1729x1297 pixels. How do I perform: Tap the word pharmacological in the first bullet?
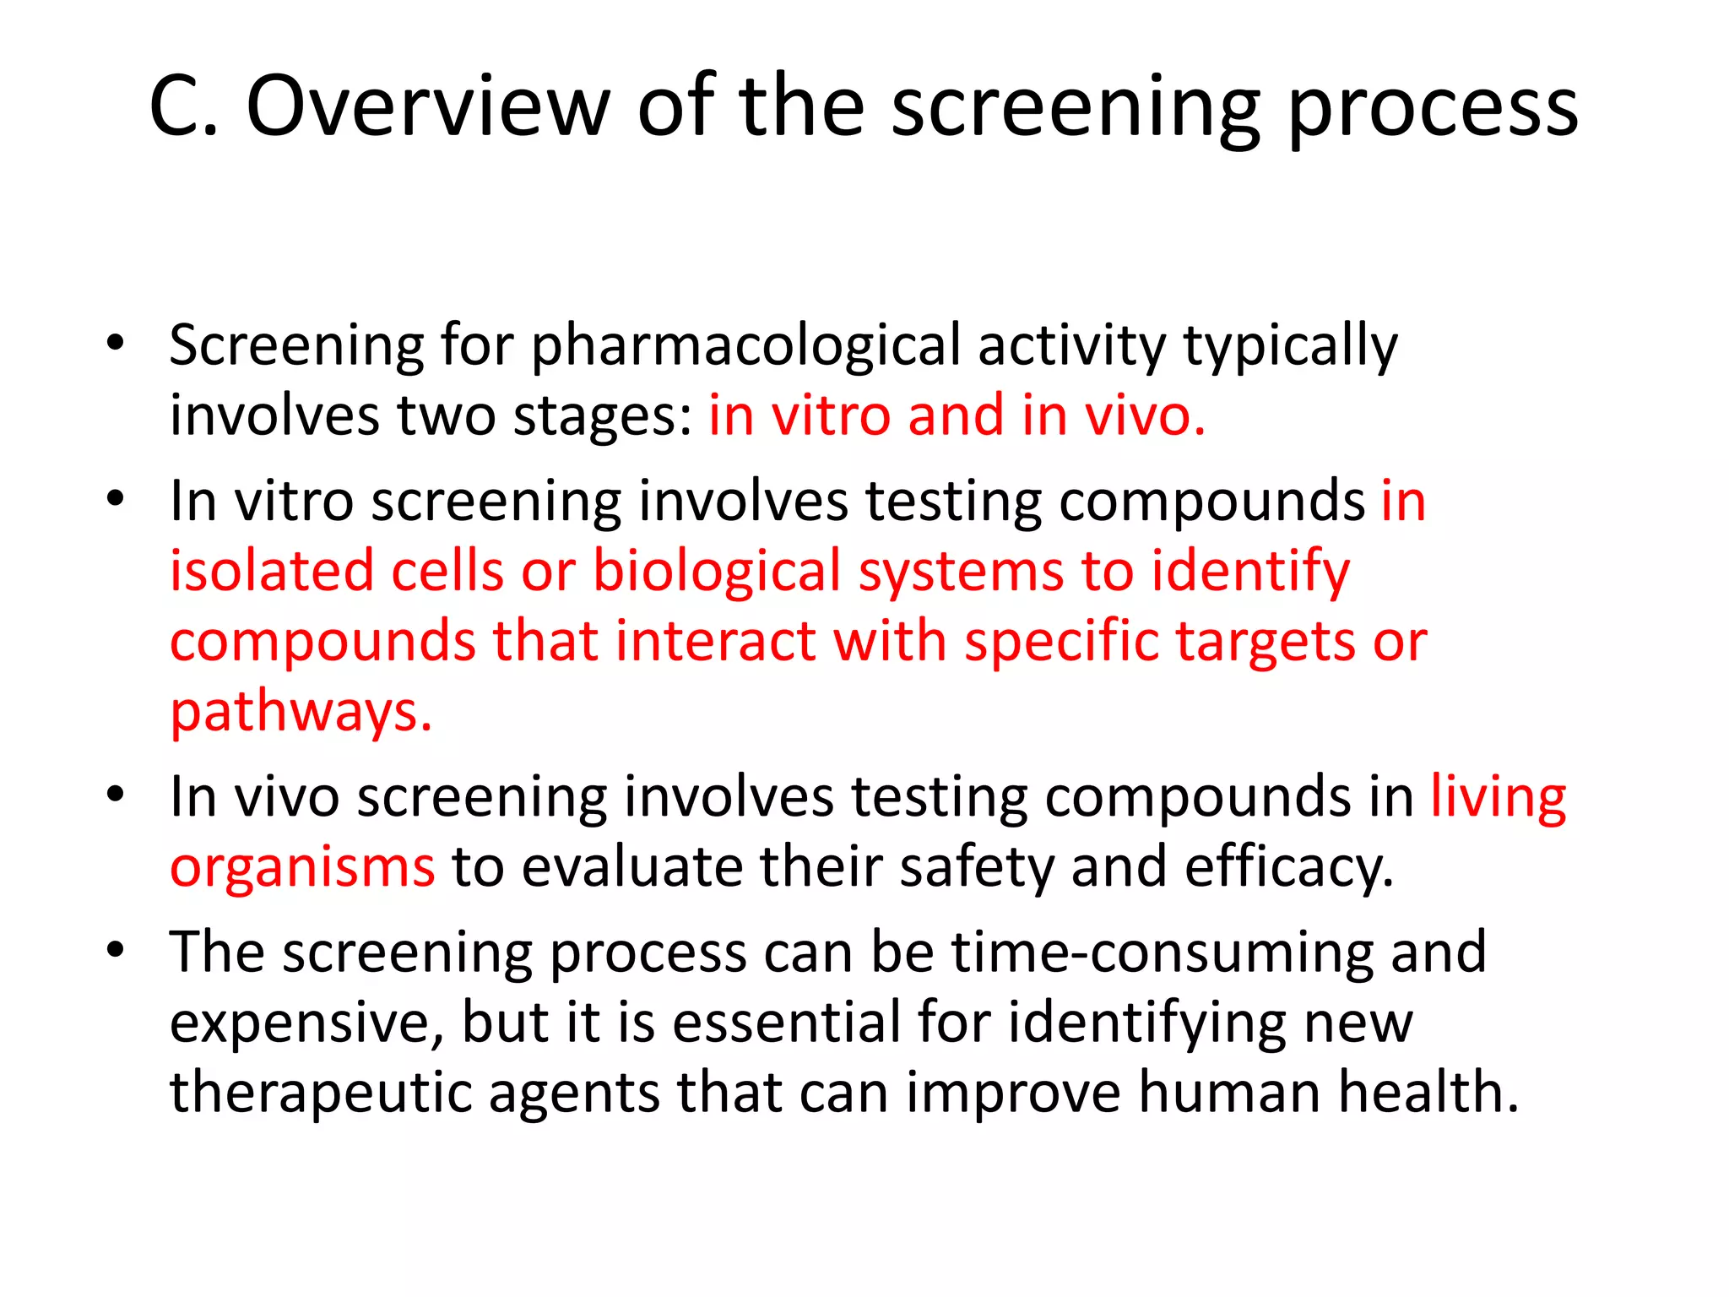tap(745, 347)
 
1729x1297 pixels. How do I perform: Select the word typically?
tap(1290, 347)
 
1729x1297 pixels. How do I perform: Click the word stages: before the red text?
tap(603, 416)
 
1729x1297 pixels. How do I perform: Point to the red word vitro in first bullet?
tap(832, 416)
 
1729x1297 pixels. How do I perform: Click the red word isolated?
tap(272, 572)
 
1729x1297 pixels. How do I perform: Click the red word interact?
tap(715, 641)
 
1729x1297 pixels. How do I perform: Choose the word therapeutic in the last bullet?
tap(320, 1093)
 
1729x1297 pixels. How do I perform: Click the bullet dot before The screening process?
tap(116, 950)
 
